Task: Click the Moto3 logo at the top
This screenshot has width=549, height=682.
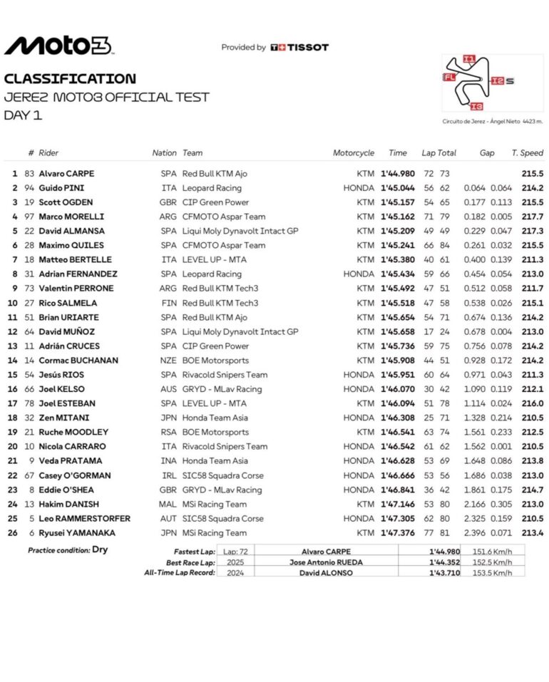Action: tap(58, 46)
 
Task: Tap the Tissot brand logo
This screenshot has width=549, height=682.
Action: tap(299, 48)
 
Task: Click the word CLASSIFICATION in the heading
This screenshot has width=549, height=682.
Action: tap(70, 78)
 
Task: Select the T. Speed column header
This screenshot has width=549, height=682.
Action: tap(527, 153)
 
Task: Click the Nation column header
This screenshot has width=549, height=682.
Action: tap(164, 153)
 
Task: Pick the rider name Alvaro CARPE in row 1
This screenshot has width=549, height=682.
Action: tap(66, 173)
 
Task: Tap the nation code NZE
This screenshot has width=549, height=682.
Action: tap(169, 360)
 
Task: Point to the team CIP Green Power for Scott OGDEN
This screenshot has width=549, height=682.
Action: tap(215, 202)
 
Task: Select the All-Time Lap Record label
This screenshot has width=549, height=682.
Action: tap(180, 572)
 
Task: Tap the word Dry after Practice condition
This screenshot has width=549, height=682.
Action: tap(100, 549)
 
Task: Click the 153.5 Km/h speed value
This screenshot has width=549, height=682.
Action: tap(493, 572)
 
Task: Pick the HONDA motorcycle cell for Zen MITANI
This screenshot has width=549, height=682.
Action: tap(354, 418)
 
